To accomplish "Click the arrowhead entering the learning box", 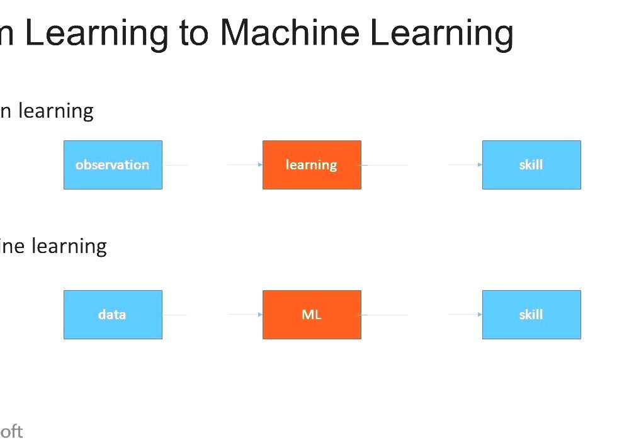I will coord(260,165).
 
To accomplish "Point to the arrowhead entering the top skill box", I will coord(480,165).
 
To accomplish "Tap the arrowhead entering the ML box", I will coord(260,315).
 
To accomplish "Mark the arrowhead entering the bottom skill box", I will coord(480,315).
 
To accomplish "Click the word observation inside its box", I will coord(112,165).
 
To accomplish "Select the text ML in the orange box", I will coord(312,315).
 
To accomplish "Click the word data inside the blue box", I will coord(112,315).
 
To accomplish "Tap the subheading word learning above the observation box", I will coord(55,111).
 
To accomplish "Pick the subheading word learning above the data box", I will coord(69,245).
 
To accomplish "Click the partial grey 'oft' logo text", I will coord(11,431).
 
